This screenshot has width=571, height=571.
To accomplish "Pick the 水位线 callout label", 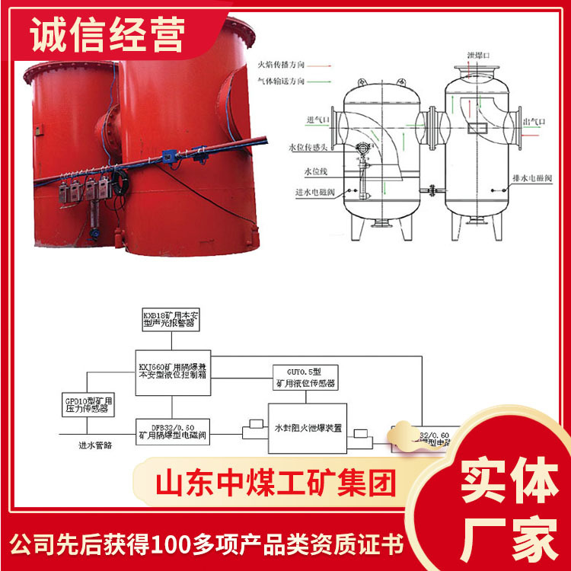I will (x=314, y=172).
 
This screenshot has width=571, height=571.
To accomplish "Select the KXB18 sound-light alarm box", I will (x=168, y=317).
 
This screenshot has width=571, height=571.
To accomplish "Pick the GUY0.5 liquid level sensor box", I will (x=304, y=376).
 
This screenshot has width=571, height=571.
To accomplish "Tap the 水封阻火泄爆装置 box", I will (x=308, y=429).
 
